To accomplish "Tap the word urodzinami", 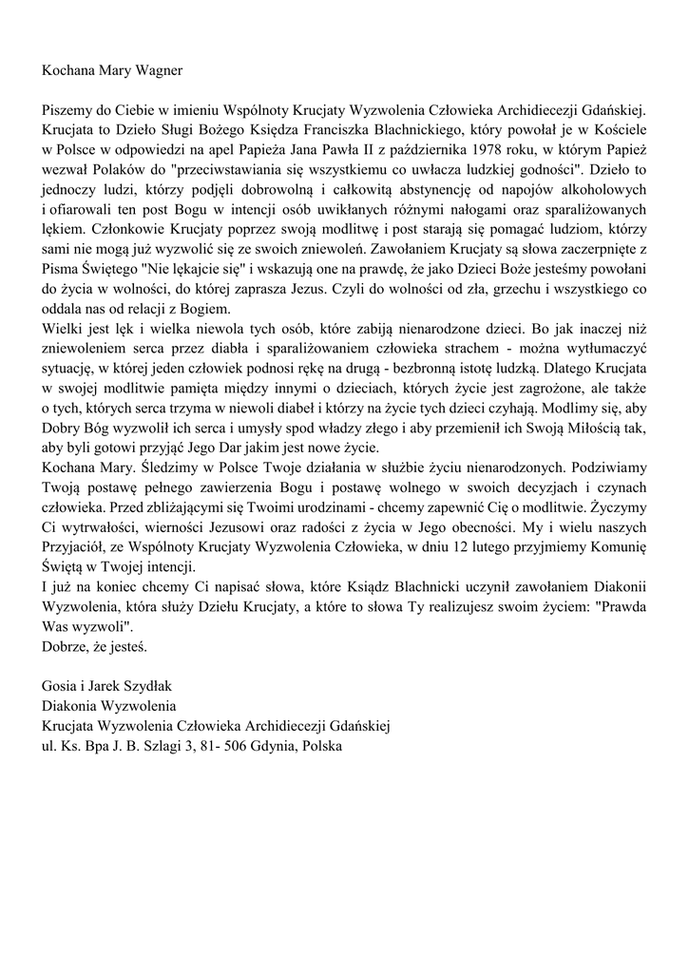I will click(x=293, y=508).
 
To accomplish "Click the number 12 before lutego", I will click(x=487, y=548).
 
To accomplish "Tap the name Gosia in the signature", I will click(x=61, y=687).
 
